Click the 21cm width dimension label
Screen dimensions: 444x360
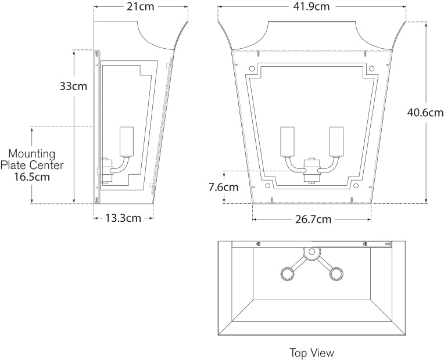click(140, 7)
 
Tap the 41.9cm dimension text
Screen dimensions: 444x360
click(311, 6)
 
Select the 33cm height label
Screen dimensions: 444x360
click(73, 86)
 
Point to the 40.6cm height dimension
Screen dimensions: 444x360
click(425, 113)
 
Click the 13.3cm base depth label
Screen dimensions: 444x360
click(123, 218)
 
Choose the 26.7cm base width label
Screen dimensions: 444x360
click(313, 219)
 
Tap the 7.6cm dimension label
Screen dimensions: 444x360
click(224, 188)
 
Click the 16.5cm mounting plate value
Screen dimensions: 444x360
click(32, 177)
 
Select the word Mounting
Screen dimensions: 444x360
click(32, 154)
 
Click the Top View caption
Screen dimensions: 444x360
click(311, 353)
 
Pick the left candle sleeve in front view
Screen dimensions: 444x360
click(288, 142)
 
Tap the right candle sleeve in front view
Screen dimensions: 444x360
click(336, 142)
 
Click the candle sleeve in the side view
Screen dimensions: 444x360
click(127, 142)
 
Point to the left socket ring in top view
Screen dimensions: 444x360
click(288, 273)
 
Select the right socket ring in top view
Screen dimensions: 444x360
click(336, 273)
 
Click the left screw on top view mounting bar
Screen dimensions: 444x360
click(258, 244)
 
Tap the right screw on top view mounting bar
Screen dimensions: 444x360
click(366, 244)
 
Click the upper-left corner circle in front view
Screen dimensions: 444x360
click(252, 69)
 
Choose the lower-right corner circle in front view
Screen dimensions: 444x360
click(356, 186)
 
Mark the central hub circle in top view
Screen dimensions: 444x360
click(311, 252)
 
